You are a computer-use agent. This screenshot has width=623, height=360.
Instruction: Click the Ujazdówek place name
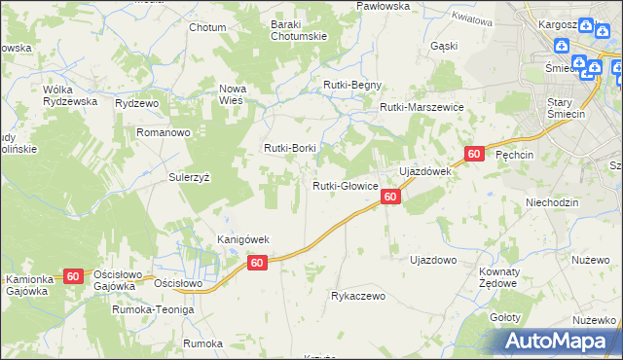425,171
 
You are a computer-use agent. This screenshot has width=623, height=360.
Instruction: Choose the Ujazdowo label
433,261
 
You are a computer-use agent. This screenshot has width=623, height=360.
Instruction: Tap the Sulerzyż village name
190,178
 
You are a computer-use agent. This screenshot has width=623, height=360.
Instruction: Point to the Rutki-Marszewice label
421,108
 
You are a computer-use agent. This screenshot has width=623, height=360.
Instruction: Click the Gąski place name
443,46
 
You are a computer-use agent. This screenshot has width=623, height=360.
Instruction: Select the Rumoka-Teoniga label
153,308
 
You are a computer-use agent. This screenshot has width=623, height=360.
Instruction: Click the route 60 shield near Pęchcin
474,154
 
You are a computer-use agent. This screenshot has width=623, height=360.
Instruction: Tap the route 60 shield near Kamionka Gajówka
74,276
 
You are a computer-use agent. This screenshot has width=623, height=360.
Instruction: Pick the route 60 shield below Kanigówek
257,263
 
